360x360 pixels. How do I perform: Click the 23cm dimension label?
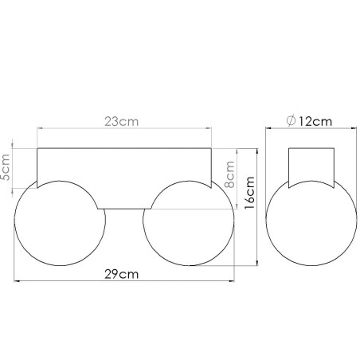tap(122, 122)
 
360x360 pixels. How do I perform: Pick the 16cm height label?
tap(249, 191)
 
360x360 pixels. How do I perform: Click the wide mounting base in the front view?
tap(122, 175)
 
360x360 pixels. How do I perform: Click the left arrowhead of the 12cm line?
tap(268, 129)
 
